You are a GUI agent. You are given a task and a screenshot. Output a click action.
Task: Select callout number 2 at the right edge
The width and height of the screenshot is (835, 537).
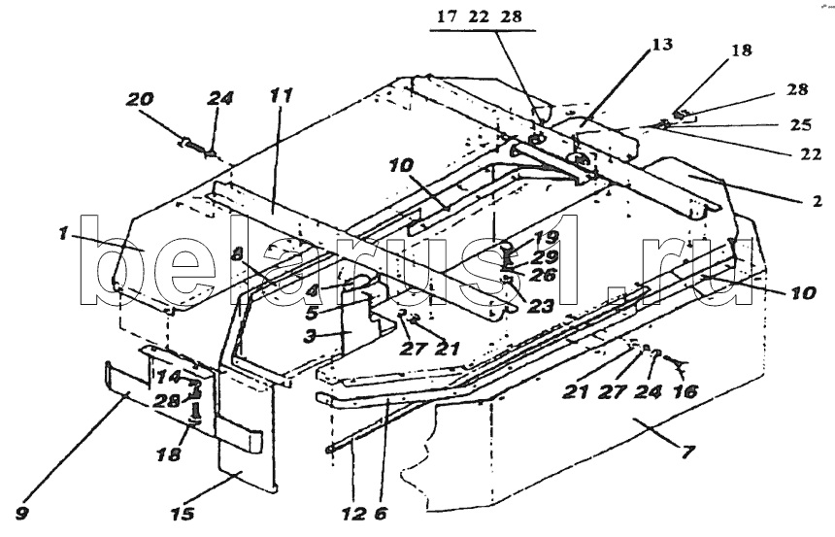click(817, 202)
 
